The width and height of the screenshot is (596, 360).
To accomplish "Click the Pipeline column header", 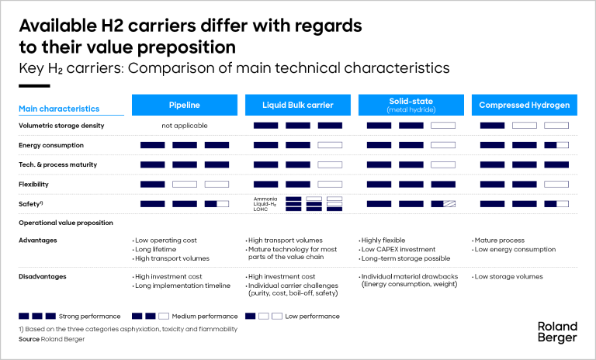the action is [x=185, y=105].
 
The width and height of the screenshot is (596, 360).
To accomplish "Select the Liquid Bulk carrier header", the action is [x=298, y=105].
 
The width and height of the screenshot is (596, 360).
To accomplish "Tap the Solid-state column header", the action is [x=411, y=105].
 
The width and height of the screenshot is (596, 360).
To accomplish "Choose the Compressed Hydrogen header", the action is [x=524, y=105].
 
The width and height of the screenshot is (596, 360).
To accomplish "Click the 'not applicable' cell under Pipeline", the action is [x=185, y=126].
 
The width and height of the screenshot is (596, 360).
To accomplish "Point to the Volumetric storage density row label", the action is [x=61, y=126].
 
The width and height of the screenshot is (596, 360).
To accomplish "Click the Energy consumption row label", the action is [x=51, y=145].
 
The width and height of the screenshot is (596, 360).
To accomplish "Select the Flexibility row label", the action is [x=33, y=185].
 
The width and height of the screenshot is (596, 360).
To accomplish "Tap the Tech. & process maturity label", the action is [x=57, y=164].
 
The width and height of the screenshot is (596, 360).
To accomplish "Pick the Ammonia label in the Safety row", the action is [x=265, y=199].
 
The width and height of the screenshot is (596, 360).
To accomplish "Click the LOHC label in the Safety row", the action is [x=261, y=209].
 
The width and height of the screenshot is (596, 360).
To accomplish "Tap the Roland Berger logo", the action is [x=557, y=332].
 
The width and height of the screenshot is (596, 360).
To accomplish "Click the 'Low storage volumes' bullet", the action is [x=508, y=276].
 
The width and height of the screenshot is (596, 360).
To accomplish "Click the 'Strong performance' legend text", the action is [x=89, y=317].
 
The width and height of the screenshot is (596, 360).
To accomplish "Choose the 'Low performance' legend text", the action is [x=312, y=317].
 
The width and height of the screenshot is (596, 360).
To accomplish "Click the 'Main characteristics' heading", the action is [x=59, y=109].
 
